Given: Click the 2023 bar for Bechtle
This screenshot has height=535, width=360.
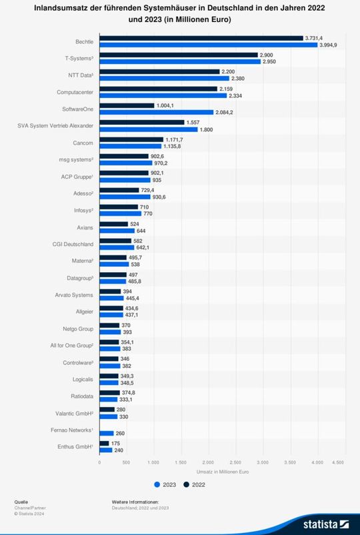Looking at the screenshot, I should point(208,45).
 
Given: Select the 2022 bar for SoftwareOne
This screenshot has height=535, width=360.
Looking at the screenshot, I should point(127,105).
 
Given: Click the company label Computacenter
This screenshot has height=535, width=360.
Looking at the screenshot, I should point(74,92).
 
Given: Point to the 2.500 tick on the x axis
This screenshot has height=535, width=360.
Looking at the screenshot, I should point(235,462).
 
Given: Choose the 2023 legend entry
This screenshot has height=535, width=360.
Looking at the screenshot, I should point(165,484).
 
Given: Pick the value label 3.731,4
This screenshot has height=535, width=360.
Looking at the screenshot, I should point(314,38).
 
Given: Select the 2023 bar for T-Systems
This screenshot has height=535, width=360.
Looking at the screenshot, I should point(180,61).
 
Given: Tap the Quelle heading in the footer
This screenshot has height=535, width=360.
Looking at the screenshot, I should point(21,501).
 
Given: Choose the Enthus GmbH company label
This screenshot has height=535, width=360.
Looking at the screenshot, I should point(75,446).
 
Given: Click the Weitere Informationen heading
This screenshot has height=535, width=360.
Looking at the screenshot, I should point(136,501).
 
